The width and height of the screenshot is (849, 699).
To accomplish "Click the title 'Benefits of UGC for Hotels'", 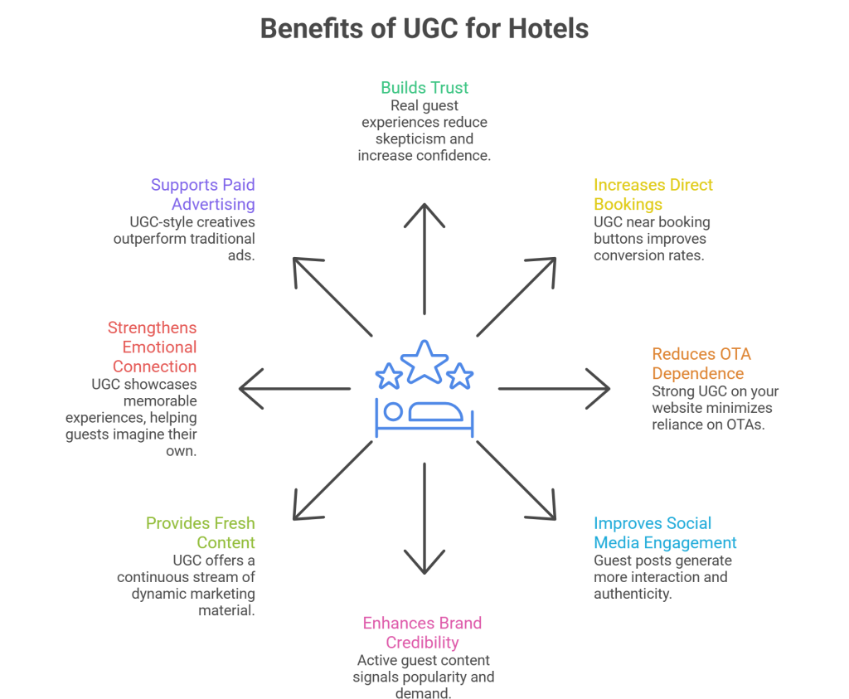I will pos(424,28).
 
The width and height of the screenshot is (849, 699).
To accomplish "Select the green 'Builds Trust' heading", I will pos(424,87).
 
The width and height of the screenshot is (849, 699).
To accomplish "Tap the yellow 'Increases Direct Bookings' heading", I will pos(653,194).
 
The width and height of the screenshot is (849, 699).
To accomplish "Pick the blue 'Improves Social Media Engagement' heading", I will pos(665,533).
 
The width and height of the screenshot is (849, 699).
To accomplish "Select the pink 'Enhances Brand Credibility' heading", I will pos(422,632).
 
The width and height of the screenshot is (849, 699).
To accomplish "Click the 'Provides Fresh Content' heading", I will pos(201,533).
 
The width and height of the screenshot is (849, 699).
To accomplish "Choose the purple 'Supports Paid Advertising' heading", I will pos(203,194).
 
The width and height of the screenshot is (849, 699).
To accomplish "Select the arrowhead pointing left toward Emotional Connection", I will pos(245,388).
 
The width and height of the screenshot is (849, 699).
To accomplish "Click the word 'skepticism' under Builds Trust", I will pos(424,138).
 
